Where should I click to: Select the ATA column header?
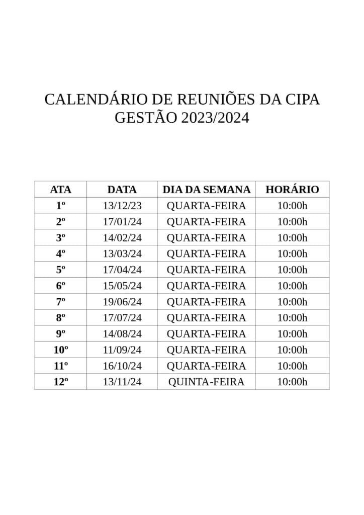coord(61,190)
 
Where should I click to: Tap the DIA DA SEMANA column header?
coord(206,190)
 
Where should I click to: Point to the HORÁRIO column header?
coord(292,190)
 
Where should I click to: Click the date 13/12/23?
coord(122,206)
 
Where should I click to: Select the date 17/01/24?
coord(122,222)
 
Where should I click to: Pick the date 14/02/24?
coord(122,238)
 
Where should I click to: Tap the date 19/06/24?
coord(122,302)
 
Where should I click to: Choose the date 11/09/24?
coord(122,350)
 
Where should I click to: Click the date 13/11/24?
coord(122,382)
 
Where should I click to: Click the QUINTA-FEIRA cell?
coord(206,382)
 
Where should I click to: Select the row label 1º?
coord(61,206)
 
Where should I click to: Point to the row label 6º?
coord(61,286)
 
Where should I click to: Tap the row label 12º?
coord(61,382)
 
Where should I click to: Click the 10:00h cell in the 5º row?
coord(292,270)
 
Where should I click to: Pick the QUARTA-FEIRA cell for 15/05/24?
coord(206,286)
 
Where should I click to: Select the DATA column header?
coord(122,190)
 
